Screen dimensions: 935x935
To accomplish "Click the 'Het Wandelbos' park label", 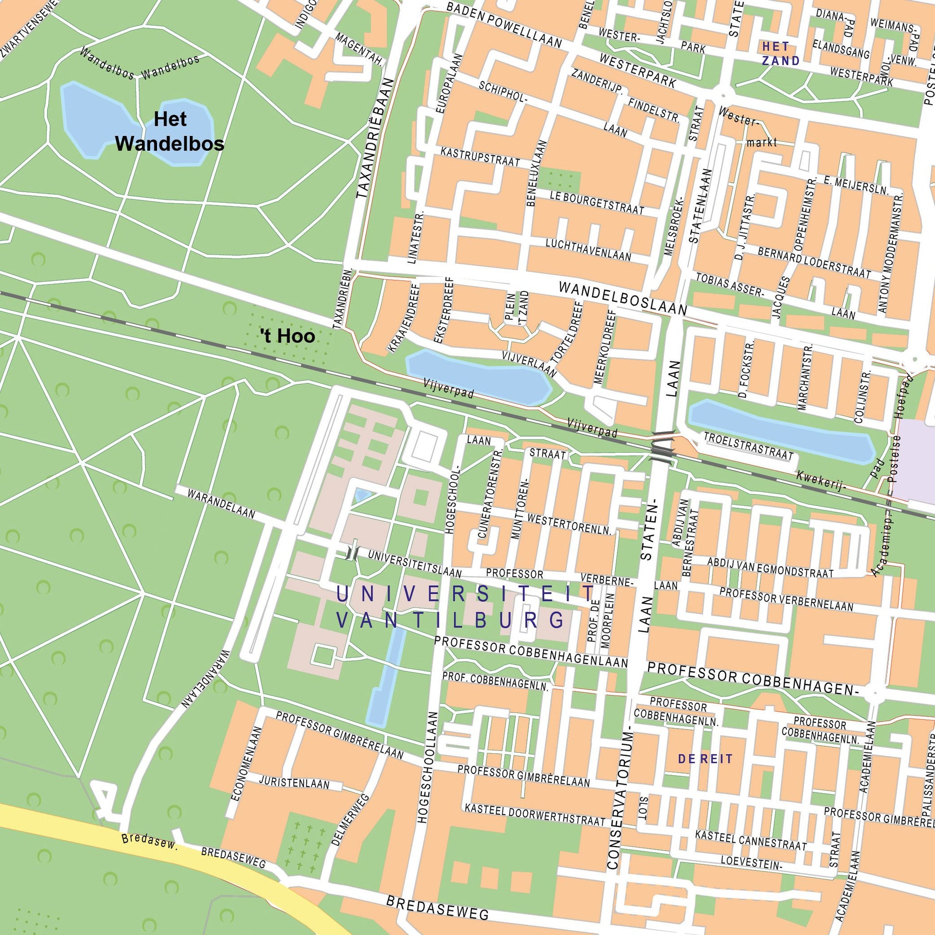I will (170, 131).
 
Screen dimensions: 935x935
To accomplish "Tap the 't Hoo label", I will (287, 336).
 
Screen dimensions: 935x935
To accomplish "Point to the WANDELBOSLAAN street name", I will (622, 298).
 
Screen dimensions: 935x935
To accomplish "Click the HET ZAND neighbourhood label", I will (780, 54).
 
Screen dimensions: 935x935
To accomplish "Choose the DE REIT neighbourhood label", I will (705, 759).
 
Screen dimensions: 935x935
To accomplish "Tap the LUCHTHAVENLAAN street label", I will (588, 250).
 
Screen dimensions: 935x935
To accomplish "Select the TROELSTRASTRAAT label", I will (748, 446).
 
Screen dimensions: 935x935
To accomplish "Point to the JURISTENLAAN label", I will (294, 783).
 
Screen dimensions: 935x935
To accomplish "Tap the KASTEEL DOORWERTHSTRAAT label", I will (535, 815).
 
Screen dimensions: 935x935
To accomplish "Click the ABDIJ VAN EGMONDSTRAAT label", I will (770, 567).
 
